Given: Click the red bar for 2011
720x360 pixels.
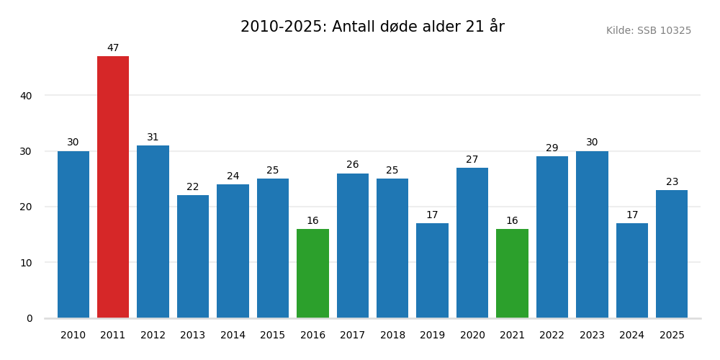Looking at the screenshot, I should (113, 187).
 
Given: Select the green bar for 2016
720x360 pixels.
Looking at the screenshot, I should (312, 274).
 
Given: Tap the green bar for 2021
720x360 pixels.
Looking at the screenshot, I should (512, 274).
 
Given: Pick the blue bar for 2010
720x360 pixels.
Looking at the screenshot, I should (73, 235).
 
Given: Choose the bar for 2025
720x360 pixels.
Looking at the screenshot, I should (672, 254).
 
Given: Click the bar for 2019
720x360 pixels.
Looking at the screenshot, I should (432, 271).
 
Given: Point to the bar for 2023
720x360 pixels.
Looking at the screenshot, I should (592, 235).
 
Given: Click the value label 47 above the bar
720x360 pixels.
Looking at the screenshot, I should (113, 48).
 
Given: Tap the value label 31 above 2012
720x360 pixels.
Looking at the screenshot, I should (153, 138).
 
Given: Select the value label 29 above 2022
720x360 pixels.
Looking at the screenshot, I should (552, 148).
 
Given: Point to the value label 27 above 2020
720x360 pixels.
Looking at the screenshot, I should (472, 160).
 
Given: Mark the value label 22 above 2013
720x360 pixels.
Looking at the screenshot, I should (193, 187).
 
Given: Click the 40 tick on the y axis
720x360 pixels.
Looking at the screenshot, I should (26, 96).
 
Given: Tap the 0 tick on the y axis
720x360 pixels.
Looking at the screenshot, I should (30, 318).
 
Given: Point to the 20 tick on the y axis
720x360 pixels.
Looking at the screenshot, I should (26, 207).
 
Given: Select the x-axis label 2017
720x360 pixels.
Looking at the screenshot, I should (353, 336).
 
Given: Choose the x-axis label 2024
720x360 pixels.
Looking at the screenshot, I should (631, 336).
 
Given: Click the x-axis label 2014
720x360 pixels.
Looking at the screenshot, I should (233, 336).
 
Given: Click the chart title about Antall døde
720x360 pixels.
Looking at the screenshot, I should (372, 27).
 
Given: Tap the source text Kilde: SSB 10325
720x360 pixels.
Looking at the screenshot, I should (648, 31).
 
